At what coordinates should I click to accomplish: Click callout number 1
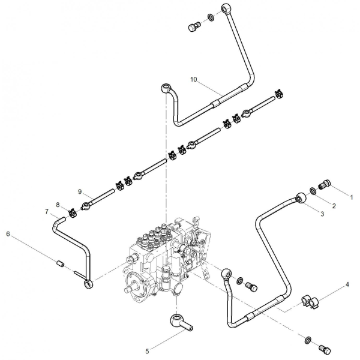pyautogui.click(x=351, y=197)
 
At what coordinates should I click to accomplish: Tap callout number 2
pyautogui.click(x=334, y=206)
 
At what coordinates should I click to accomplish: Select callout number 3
pyautogui.click(x=322, y=214)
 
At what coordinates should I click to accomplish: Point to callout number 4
pyautogui.click(x=347, y=284)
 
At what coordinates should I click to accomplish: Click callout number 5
pyautogui.click(x=147, y=351)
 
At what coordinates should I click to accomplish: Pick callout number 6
pyautogui.click(x=8, y=234)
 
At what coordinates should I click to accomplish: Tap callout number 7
pyautogui.click(x=47, y=211)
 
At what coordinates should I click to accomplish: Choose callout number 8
pyautogui.click(x=58, y=205)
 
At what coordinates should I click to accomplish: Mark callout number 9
pyautogui.click(x=80, y=191)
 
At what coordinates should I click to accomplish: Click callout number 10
pyautogui.click(x=194, y=79)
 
